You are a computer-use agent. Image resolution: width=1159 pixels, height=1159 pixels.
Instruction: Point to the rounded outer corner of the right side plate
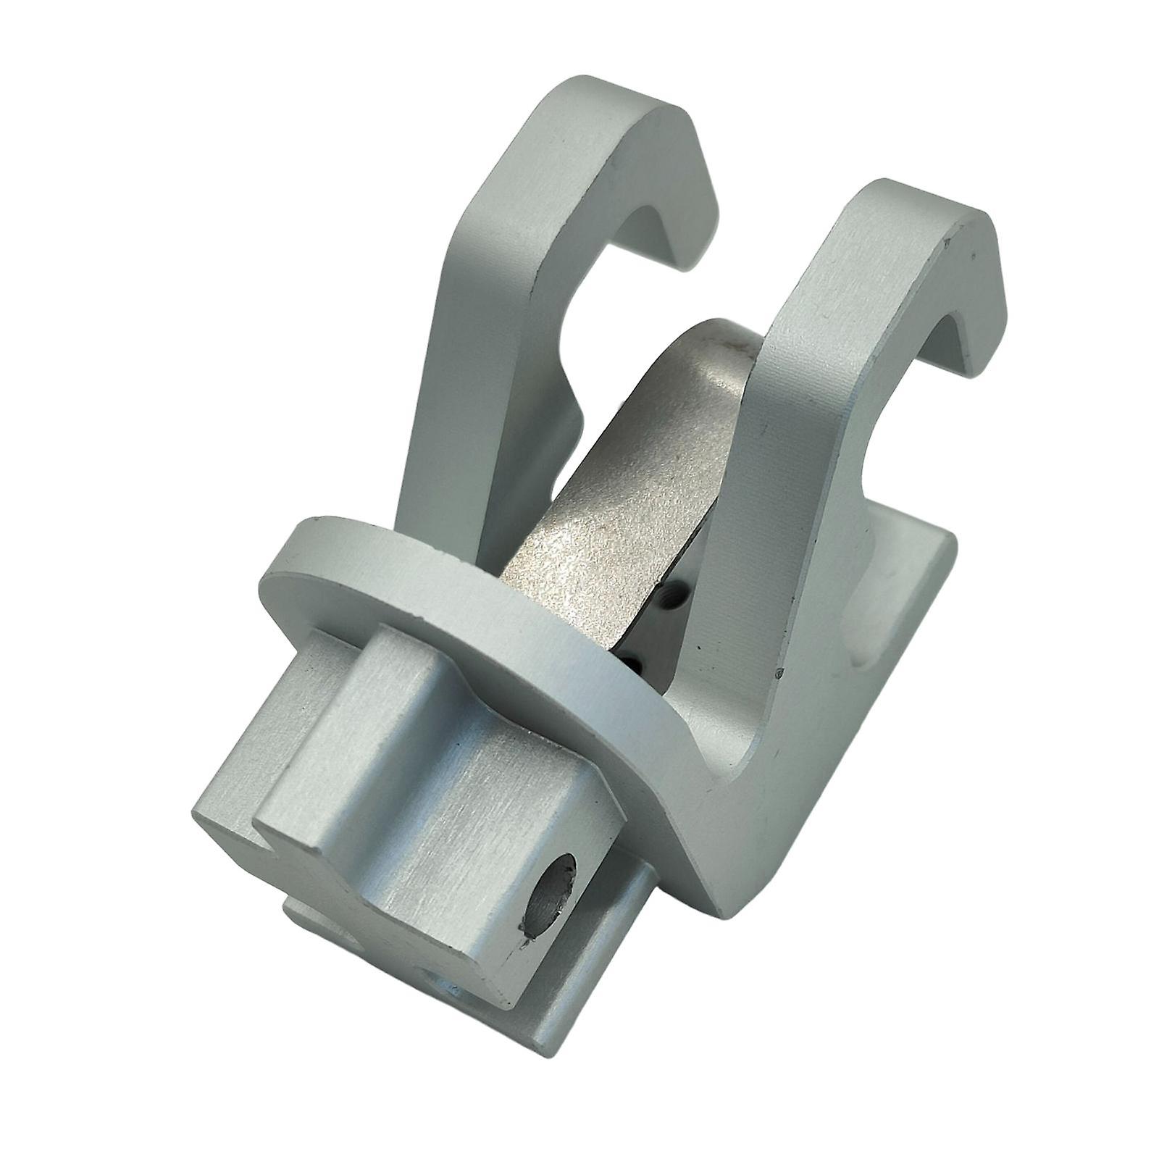coord(942,551)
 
